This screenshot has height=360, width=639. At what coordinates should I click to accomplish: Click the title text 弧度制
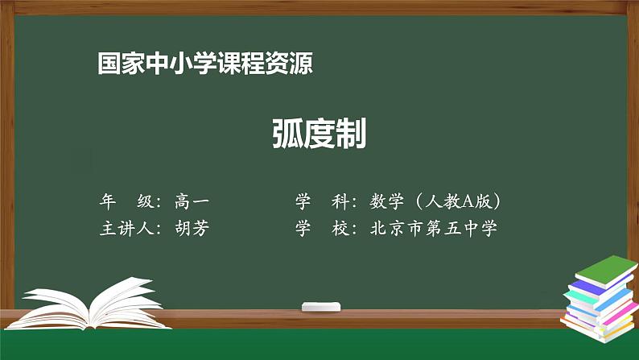pos(319,134)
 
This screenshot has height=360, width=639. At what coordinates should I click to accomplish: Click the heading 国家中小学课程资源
pos(205,64)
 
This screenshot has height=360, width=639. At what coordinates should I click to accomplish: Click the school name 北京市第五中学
pos(433,228)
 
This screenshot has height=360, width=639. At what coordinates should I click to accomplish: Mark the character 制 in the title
pos(351,134)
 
